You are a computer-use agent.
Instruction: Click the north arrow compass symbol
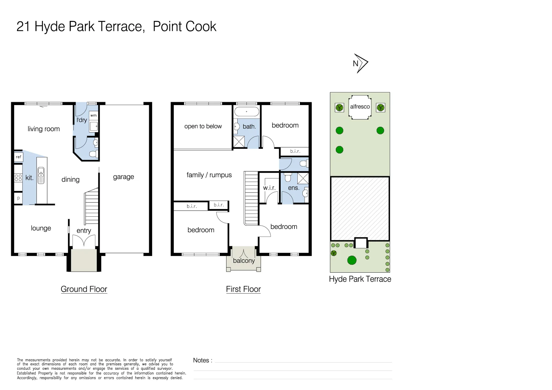point(360,64)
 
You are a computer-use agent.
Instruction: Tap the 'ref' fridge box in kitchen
point(18,157)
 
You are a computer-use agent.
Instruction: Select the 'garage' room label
point(124,177)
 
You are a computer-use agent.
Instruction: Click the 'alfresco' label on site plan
point(360,107)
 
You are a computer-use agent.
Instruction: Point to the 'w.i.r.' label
point(269,188)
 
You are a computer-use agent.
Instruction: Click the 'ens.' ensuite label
point(293,188)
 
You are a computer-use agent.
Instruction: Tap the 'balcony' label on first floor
point(244,261)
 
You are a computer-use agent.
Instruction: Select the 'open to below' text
point(203,126)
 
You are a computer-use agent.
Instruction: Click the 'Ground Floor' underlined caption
point(84,289)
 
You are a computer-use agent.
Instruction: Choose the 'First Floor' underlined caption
point(243,289)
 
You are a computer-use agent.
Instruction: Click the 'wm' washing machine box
point(94,116)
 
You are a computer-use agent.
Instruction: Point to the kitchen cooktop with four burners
point(18,177)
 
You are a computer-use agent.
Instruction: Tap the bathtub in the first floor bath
point(247,112)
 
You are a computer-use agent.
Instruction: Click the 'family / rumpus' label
point(209,175)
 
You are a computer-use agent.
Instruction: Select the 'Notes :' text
point(203,360)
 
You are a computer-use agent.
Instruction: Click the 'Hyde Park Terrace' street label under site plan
point(360,279)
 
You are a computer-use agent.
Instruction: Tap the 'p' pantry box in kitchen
point(18,198)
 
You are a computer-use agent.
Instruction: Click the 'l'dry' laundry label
point(82,120)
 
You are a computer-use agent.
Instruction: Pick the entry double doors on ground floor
point(84,241)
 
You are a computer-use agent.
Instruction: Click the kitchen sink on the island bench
point(41,175)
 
